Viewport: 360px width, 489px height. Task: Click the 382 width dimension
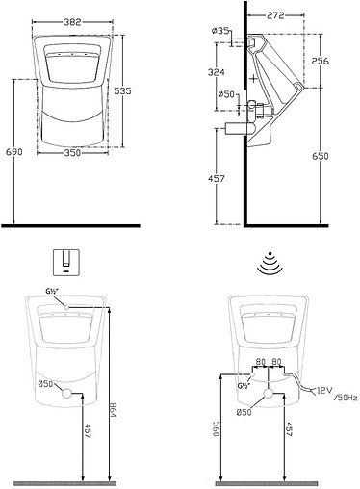(x=72, y=22)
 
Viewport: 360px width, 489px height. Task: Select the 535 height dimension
(x=123, y=91)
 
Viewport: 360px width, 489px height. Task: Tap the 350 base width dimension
(x=72, y=153)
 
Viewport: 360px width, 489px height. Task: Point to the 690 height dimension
(x=14, y=151)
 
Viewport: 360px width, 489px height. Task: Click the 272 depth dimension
(x=275, y=15)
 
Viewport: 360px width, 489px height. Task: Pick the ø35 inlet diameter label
(x=220, y=31)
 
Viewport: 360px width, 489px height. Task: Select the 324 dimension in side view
(x=217, y=72)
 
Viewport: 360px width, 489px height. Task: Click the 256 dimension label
(x=321, y=61)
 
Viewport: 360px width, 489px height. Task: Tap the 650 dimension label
(x=321, y=156)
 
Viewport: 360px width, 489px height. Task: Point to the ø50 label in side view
(x=226, y=94)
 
